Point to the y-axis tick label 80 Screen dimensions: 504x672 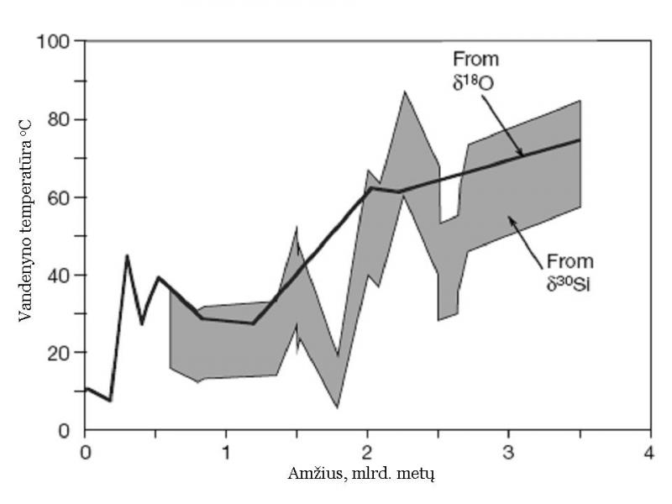pos(59,119)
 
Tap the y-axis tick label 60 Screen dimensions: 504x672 pos(59,197)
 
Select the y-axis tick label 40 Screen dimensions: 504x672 pos(59,275)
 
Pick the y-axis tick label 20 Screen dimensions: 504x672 pos(59,353)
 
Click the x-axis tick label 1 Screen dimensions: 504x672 pos(226,451)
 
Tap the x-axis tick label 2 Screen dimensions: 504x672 pos(367,451)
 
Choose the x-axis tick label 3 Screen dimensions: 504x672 pos(508,451)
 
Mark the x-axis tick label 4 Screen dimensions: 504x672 pos(649,451)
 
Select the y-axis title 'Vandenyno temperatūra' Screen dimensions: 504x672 pos(24,234)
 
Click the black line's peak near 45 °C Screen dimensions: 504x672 pos(127,255)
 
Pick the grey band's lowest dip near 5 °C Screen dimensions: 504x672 pos(338,408)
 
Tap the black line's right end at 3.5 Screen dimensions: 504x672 pos(580,139)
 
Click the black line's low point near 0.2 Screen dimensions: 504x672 pos(111,401)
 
